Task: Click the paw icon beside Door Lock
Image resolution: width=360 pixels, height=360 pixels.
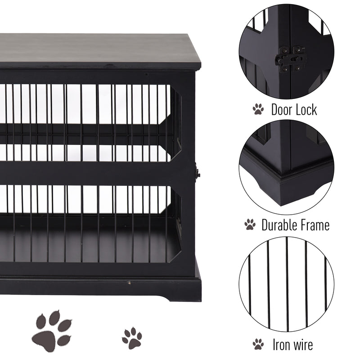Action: (258, 109)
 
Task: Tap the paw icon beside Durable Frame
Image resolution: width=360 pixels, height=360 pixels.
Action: (250, 224)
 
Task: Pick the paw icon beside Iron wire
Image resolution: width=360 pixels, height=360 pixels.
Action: (258, 344)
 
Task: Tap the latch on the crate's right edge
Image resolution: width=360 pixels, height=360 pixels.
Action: (197, 172)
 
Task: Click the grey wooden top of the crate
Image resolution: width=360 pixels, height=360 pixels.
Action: (99, 49)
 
